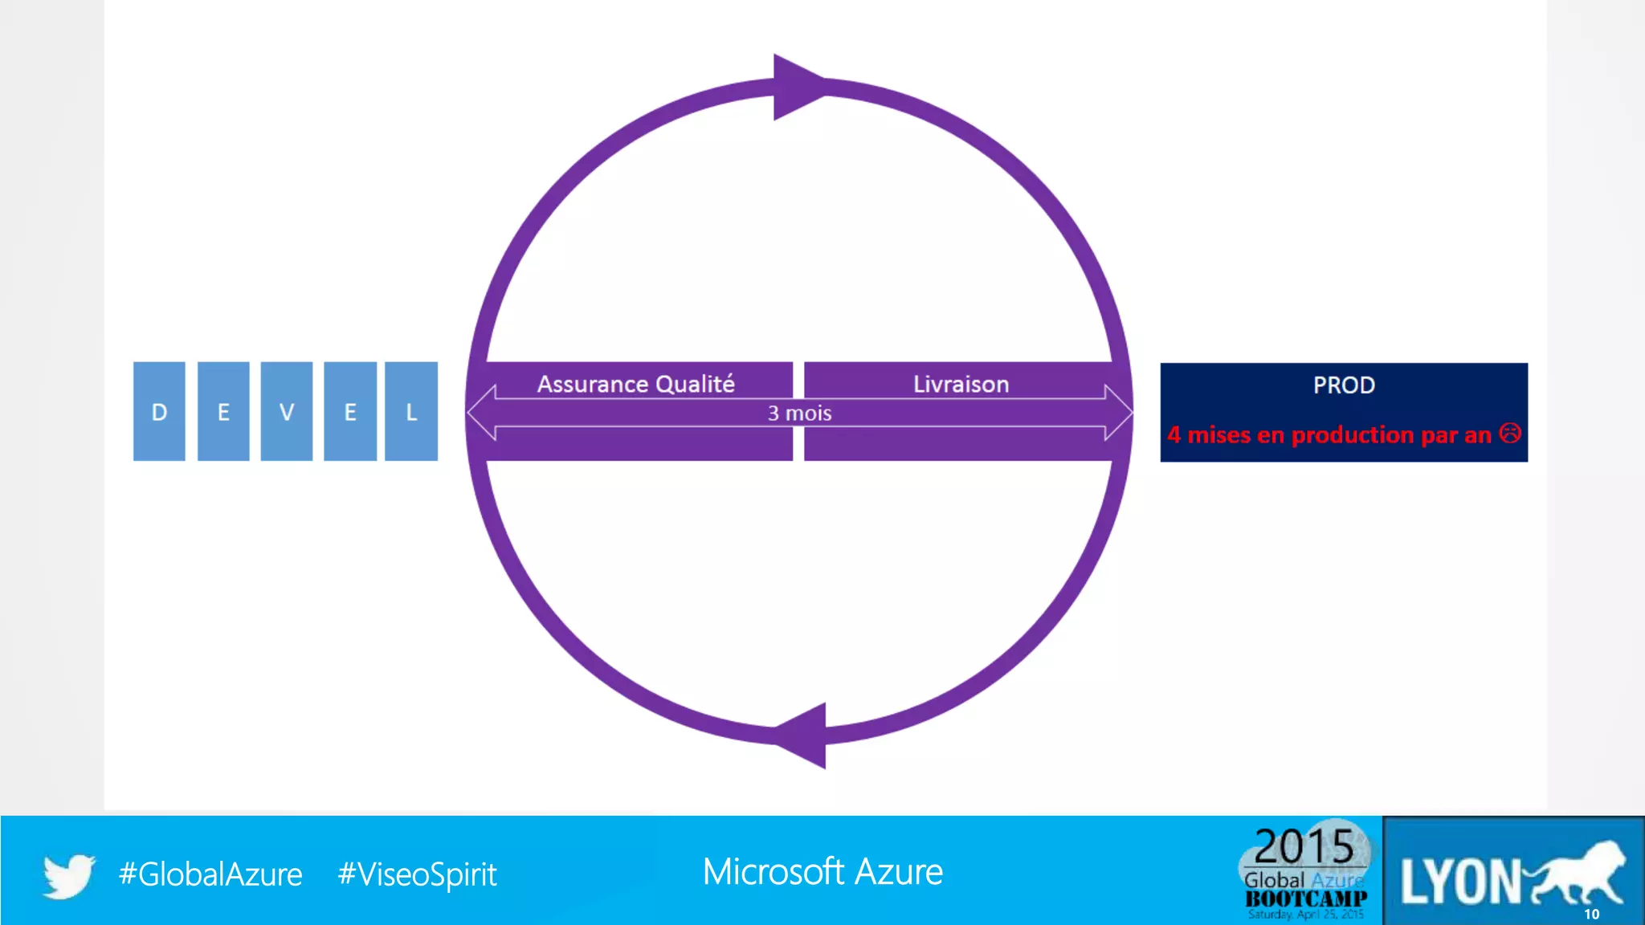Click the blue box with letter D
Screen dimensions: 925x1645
(x=159, y=411)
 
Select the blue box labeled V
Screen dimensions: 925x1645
(x=287, y=411)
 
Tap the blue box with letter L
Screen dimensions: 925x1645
(x=411, y=411)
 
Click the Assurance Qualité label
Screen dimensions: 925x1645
(x=635, y=384)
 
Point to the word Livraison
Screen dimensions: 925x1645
(x=961, y=384)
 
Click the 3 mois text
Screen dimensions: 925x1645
(x=799, y=413)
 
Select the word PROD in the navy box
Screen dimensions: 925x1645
(x=1344, y=385)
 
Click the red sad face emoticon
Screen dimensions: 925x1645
(x=1510, y=434)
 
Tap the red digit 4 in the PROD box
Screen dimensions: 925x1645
(x=1174, y=434)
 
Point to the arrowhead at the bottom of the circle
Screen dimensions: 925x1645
(x=803, y=736)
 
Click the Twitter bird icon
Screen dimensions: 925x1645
(x=69, y=874)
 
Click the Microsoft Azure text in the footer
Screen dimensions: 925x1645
(x=822, y=872)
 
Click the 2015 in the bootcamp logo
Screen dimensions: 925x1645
(x=1304, y=846)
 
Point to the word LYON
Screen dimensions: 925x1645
(x=1460, y=882)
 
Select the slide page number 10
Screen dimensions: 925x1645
(x=1591, y=914)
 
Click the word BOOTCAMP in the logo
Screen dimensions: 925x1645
(x=1306, y=899)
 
